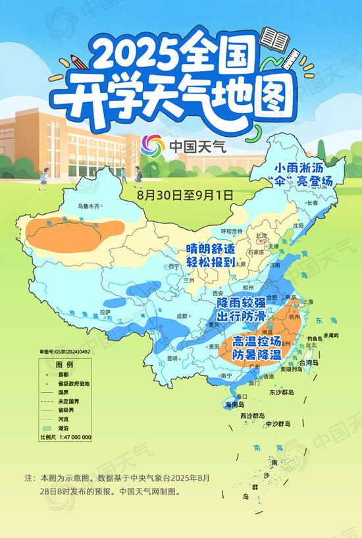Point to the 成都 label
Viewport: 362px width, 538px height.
[x=181, y=315]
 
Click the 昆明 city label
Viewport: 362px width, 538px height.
[x=172, y=358]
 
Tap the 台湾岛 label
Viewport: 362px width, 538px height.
[x=309, y=363]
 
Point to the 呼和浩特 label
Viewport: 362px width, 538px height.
[x=232, y=230]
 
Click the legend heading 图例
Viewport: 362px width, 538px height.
[x=64, y=365]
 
